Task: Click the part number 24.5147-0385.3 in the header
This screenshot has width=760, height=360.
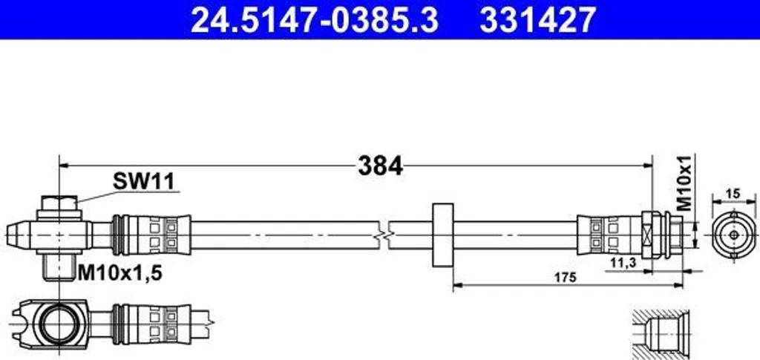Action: [315, 20]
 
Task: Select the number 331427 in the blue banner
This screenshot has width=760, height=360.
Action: [537, 20]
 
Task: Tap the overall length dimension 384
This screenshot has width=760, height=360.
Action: [381, 166]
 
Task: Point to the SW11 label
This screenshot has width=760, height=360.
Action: [143, 182]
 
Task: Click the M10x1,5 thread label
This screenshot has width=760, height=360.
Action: [120, 274]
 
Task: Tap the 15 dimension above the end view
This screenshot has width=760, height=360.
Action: [734, 194]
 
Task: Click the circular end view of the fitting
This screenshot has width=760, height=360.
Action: [734, 235]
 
